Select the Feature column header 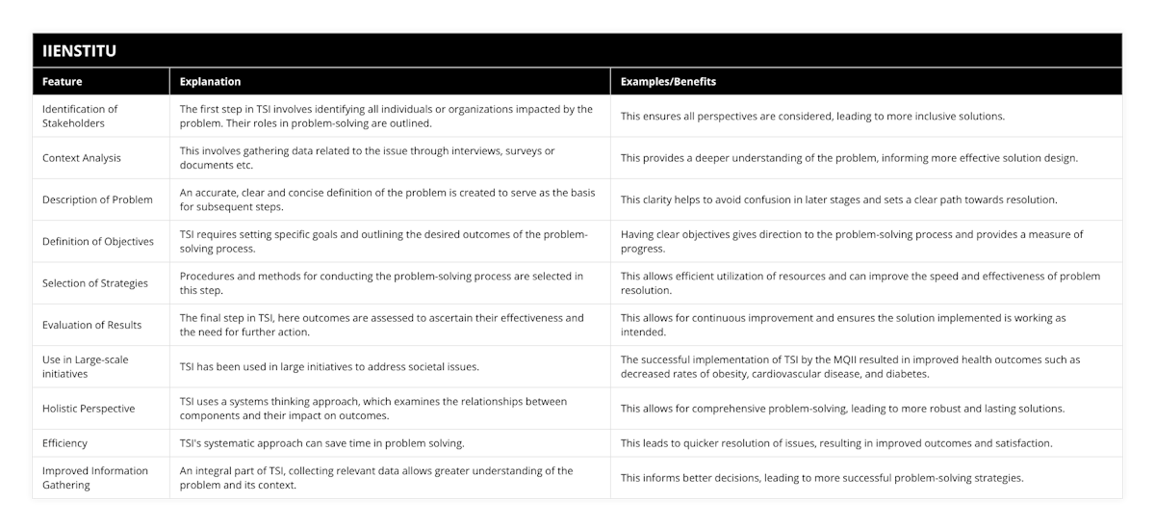click(63, 82)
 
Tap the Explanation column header click(211, 82)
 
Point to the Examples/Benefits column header click(669, 82)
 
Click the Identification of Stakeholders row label click(80, 116)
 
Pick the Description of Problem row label click(97, 199)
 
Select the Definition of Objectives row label click(98, 241)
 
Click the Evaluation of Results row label click(91, 325)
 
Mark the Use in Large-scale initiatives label click(86, 366)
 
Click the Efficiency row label click(65, 443)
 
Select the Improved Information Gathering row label click(94, 478)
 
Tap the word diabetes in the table click(918, 373)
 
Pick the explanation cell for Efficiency click(321, 443)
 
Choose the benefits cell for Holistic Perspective click(842, 408)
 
